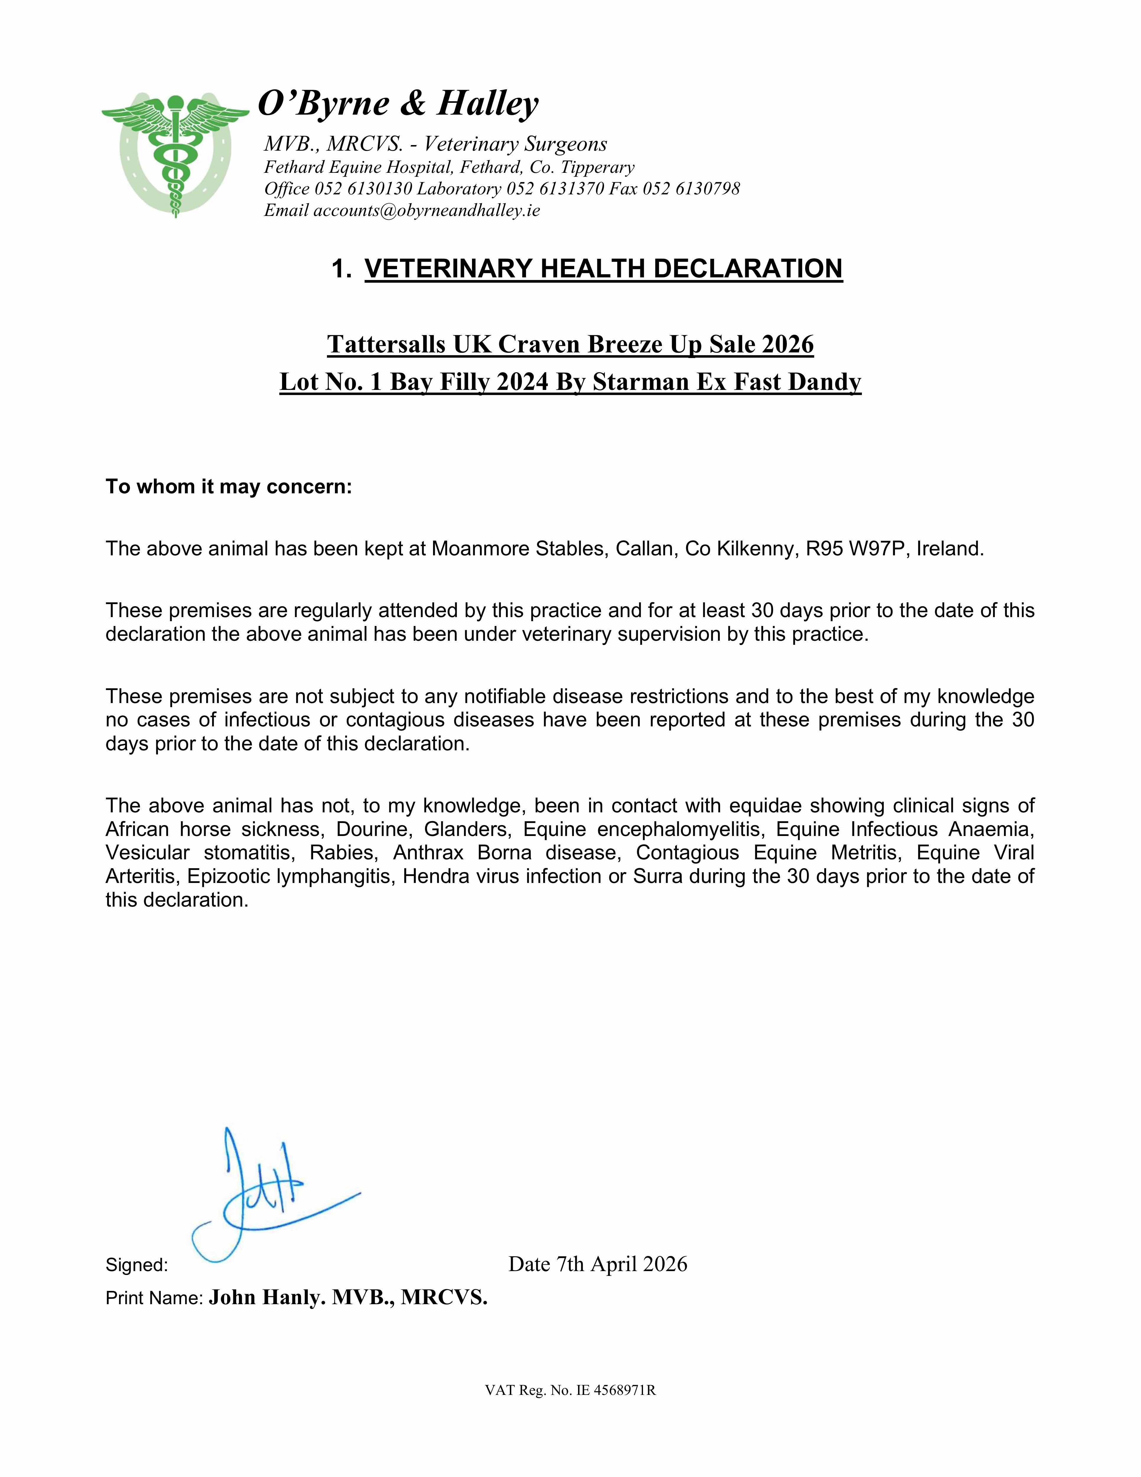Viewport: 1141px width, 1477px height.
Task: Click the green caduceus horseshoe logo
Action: point(175,154)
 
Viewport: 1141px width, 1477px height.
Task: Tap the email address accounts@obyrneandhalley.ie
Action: point(426,210)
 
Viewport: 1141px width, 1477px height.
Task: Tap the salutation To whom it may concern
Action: point(229,487)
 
